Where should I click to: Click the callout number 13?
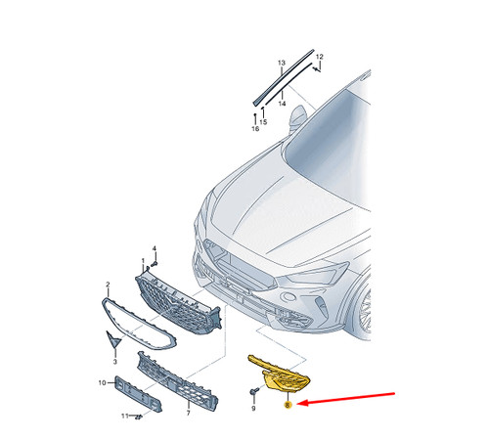[282, 63]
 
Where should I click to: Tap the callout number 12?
[320, 57]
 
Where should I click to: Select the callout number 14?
[282, 104]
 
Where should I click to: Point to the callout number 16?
[255, 129]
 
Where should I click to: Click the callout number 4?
[155, 248]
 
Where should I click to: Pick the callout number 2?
[108, 285]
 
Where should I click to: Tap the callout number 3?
[114, 362]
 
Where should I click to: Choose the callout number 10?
[102, 382]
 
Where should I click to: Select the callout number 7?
[188, 414]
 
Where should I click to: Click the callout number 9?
[253, 408]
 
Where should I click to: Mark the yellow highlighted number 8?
[288, 405]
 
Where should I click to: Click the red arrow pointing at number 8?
[346, 399]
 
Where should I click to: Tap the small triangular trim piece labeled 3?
[113, 339]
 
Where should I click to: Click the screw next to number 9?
[254, 391]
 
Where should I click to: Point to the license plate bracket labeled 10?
[138, 394]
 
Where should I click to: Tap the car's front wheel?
[364, 311]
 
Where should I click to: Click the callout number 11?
[125, 417]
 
